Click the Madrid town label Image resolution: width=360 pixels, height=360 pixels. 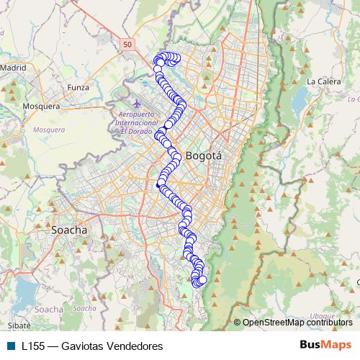coord(14,67)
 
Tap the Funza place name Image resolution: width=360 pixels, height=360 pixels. coord(77,87)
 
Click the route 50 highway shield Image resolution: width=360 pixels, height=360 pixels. coord(127,45)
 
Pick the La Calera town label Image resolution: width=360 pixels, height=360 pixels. coord(323,81)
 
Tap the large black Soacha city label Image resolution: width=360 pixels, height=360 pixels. coord(69,230)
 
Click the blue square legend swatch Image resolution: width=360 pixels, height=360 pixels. coord(11,346)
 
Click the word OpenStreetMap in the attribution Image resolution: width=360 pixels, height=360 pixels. coord(274,323)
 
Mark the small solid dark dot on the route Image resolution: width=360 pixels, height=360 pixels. coord(158,186)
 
